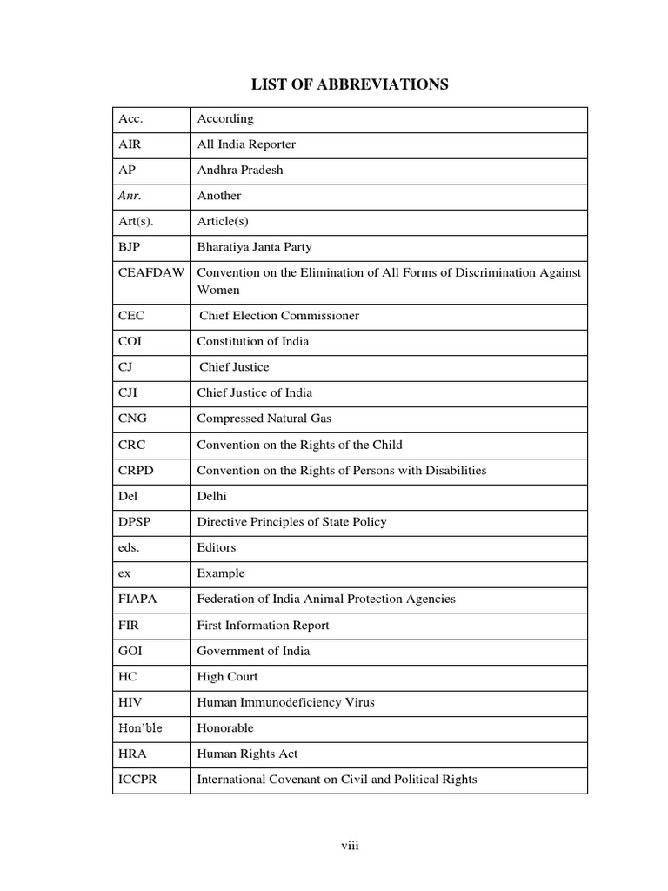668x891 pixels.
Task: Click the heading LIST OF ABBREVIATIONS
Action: (350, 84)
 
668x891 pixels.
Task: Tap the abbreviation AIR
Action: (129, 144)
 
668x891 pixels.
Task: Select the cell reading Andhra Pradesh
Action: (239, 170)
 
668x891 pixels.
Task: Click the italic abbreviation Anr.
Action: (128, 196)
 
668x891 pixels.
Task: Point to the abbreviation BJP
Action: (129, 247)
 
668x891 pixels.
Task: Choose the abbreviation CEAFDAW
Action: (151, 273)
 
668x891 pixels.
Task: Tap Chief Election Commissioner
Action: (279, 316)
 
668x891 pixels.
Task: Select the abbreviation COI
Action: (130, 341)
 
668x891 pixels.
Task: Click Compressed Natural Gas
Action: (264, 419)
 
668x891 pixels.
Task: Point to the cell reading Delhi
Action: (212, 496)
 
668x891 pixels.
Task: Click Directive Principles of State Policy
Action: (291, 522)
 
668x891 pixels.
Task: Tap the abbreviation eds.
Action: (129, 547)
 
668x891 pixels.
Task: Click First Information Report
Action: (263, 625)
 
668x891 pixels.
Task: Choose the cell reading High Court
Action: (227, 676)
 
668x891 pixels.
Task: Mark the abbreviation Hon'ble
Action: (140, 727)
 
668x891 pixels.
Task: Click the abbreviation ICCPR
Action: (137, 780)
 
